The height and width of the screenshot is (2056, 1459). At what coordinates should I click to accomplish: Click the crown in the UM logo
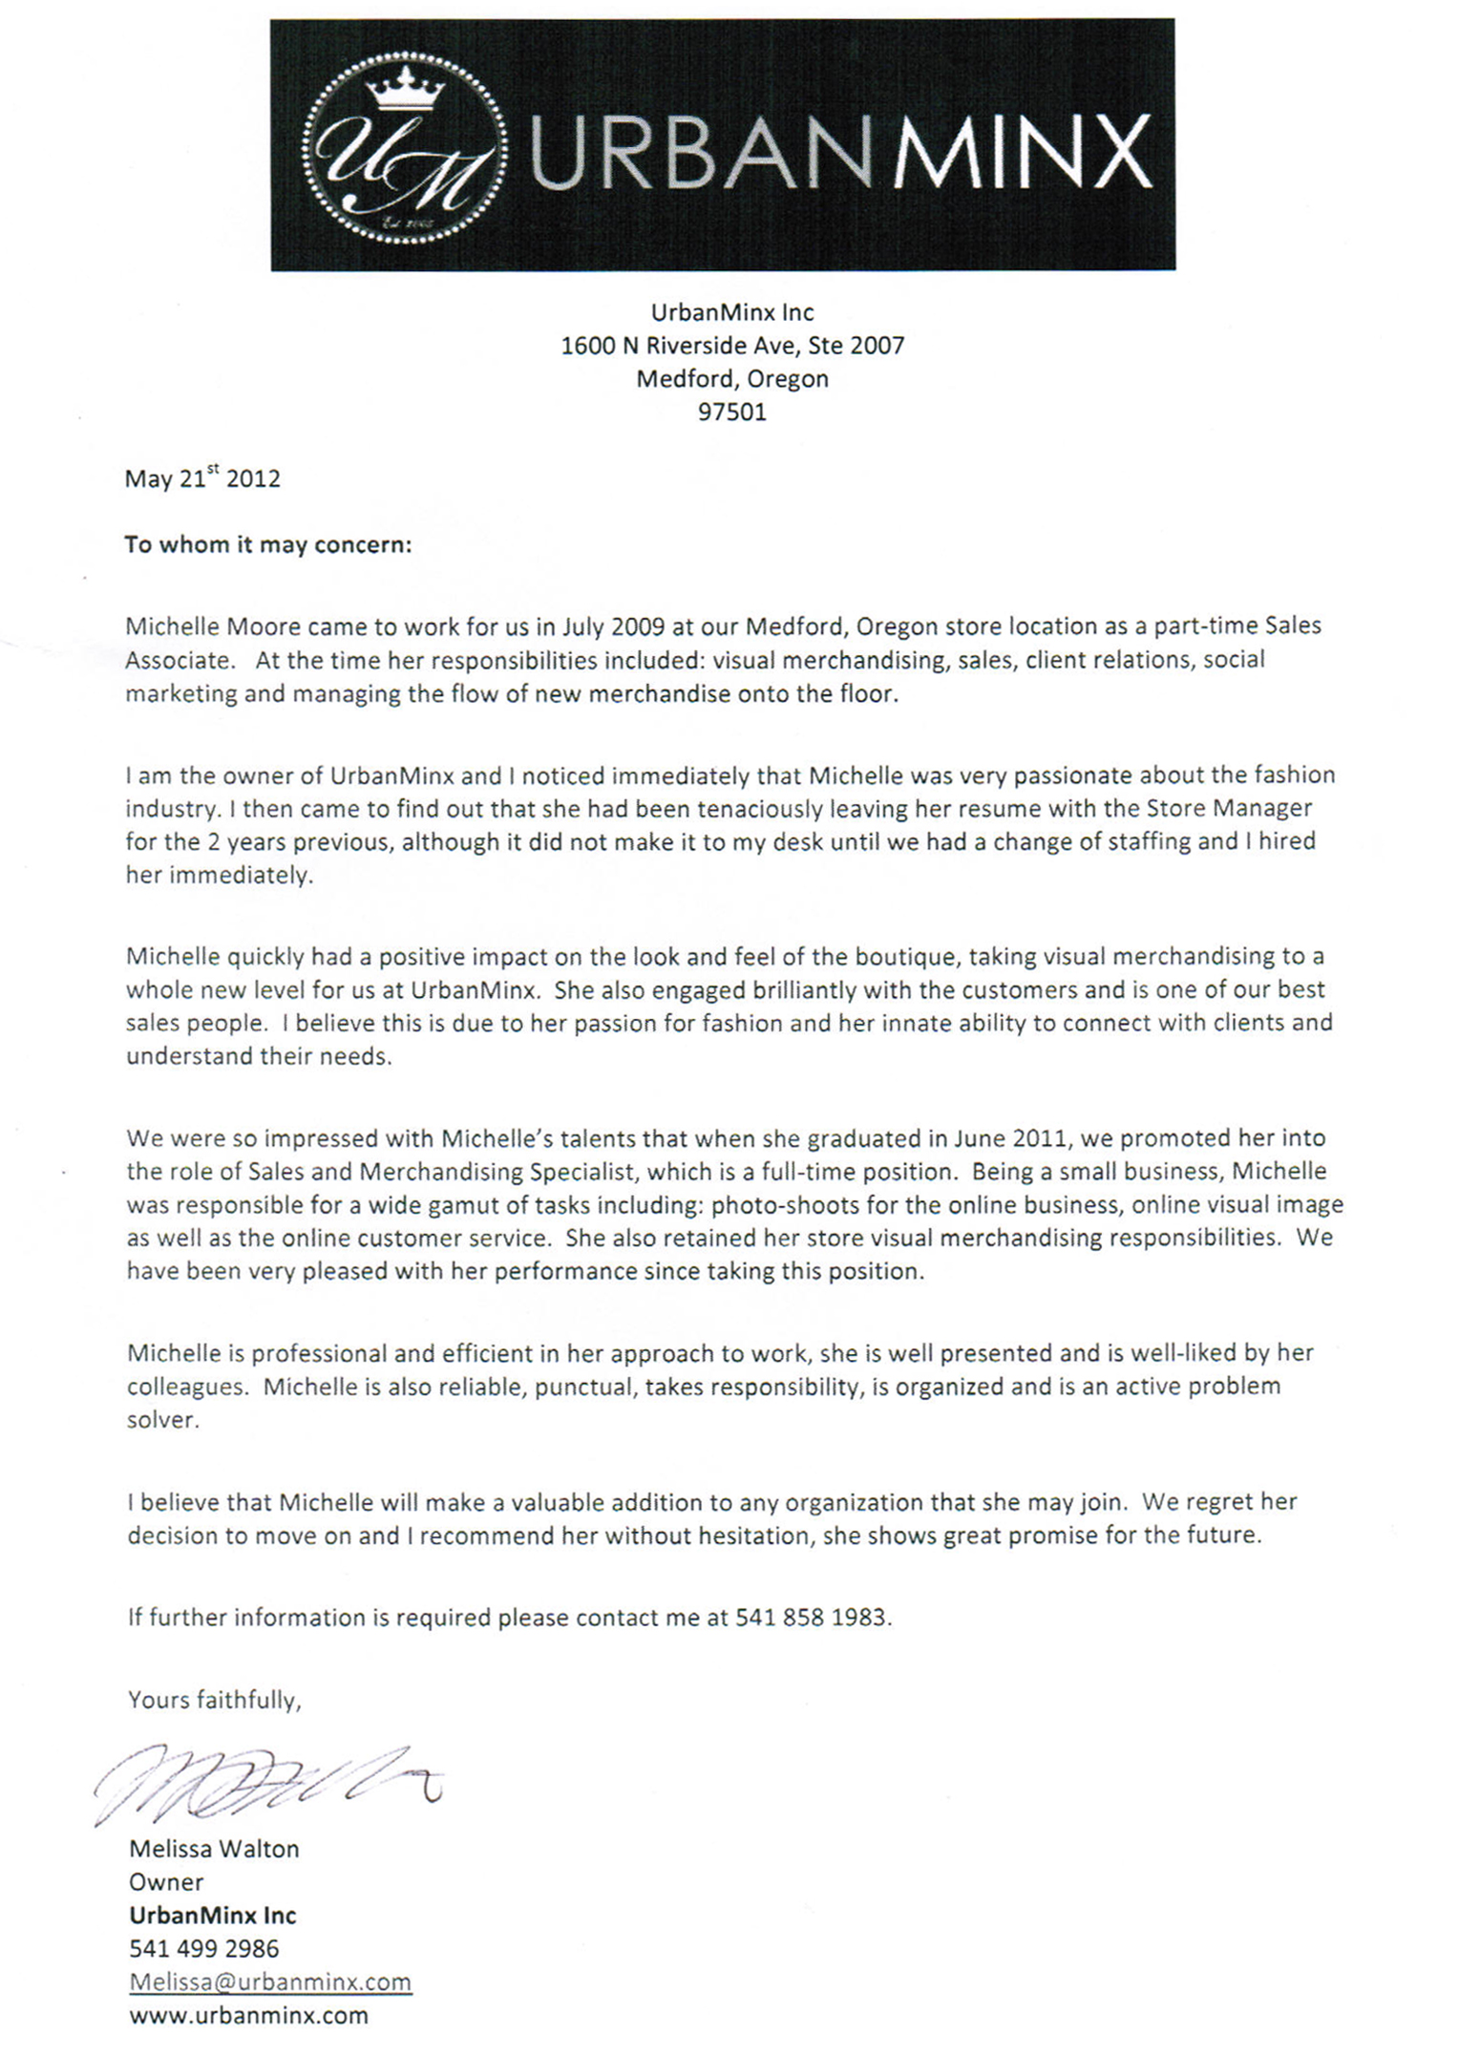(406, 88)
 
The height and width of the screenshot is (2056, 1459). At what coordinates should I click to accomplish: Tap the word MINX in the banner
(1023, 154)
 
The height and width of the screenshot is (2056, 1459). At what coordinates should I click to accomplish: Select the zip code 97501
(731, 413)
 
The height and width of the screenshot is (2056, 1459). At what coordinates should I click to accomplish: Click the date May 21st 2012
(202, 477)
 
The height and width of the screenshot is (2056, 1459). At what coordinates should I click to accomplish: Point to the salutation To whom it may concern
(268, 544)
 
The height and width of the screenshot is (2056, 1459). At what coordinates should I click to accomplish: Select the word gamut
(485, 1205)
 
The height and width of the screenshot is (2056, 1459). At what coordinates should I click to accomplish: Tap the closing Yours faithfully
(215, 1700)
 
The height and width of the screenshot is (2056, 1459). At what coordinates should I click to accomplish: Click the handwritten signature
(267, 1782)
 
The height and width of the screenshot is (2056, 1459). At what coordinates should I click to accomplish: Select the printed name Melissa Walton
(214, 1849)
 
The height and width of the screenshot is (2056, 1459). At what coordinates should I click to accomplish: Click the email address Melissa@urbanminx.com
(270, 1982)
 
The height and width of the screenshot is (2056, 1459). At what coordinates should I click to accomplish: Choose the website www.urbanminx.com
(248, 2015)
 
